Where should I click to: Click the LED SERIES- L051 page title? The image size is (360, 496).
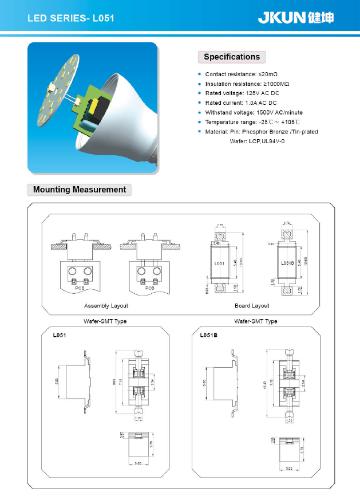point(71,18)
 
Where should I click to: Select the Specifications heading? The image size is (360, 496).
point(232,57)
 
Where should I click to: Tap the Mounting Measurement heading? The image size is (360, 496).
point(80,190)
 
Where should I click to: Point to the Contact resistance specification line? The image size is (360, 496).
point(241,74)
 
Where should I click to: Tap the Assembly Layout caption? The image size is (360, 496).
point(106,305)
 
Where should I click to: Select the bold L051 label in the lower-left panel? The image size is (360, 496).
point(60,334)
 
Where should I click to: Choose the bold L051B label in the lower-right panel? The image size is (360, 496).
point(209,334)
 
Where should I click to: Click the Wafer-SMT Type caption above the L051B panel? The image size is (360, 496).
point(256,321)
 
